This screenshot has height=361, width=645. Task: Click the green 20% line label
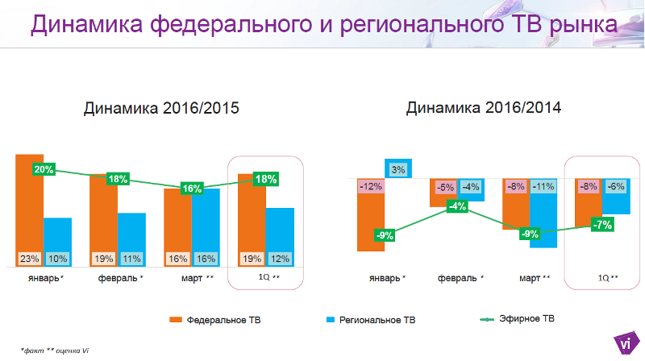point(44,169)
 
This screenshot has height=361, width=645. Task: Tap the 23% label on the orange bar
point(30,259)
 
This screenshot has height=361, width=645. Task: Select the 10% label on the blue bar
point(57,259)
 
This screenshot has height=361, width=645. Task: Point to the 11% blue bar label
point(131,259)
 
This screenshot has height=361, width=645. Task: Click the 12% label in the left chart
point(279,259)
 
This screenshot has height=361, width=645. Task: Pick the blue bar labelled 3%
point(398,170)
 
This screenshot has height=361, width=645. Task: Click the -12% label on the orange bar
point(370,187)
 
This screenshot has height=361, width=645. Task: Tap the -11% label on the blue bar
point(543,187)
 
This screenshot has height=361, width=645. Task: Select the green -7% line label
point(601,225)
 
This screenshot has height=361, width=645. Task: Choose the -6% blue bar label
point(617,187)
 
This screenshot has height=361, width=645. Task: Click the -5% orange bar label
point(444,187)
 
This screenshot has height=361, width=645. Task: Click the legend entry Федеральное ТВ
point(215,320)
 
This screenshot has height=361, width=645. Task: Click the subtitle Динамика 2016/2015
point(161,108)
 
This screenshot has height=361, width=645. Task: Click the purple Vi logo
point(623,342)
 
